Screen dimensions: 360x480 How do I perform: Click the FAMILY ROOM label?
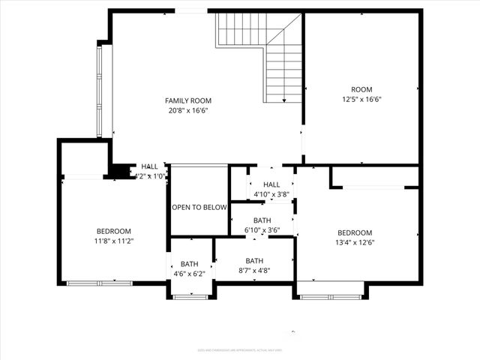(188, 100)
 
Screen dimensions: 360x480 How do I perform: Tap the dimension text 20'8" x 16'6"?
(188, 110)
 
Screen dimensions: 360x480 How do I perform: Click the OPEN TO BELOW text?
(199, 208)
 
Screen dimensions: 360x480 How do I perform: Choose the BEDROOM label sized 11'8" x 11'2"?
(114, 231)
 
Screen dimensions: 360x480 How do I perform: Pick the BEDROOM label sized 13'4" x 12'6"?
(355, 232)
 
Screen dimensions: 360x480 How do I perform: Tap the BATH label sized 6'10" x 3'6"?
(262, 220)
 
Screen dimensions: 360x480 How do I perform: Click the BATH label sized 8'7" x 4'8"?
(254, 261)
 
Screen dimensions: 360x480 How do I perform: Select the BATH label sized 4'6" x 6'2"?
(188, 264)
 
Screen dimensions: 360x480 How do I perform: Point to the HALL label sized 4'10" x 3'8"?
(271, 184)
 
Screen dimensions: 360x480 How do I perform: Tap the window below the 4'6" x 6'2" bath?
(190, 297)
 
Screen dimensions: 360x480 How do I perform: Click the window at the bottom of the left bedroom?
(100, 283)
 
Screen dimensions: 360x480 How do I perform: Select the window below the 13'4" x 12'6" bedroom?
(330, 297)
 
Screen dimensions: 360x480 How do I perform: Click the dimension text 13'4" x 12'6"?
(355, 242)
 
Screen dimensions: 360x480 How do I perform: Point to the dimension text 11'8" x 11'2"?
(114, 241)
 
